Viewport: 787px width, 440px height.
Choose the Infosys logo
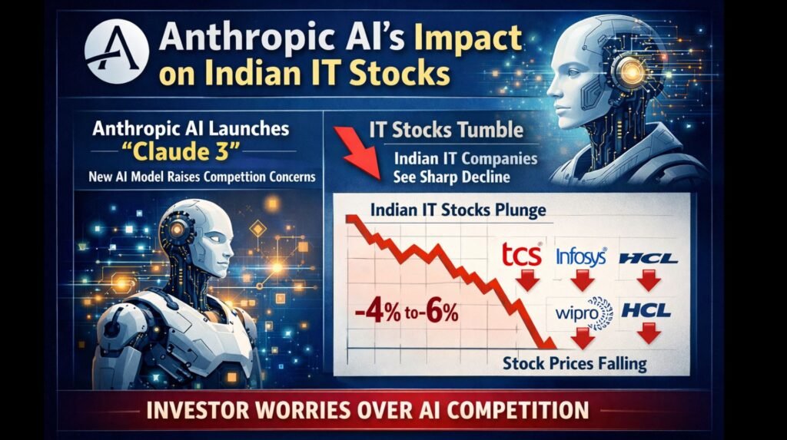pyautogui.click(x=581, y=256)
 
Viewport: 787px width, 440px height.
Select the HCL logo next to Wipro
pyautogui.click(x=646, y=312)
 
